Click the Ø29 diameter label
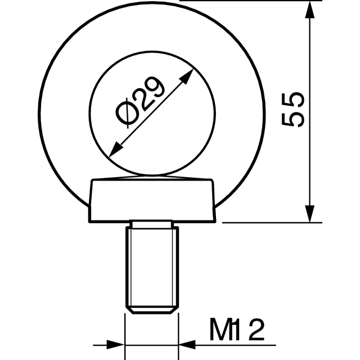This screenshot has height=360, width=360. [140, 102]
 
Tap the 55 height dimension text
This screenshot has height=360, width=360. [293, 110]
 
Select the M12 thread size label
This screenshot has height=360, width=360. [237, 329]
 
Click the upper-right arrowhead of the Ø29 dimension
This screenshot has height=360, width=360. [186, 77]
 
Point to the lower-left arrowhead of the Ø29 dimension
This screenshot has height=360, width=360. [116, 150]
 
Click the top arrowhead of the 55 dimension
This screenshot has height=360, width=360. [310, 10]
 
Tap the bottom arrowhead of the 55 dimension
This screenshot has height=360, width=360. [310, 214]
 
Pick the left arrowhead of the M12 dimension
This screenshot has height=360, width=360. [115, 345]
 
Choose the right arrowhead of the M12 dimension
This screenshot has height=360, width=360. [187, 345]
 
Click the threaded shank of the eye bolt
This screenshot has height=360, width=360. [152, 267]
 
